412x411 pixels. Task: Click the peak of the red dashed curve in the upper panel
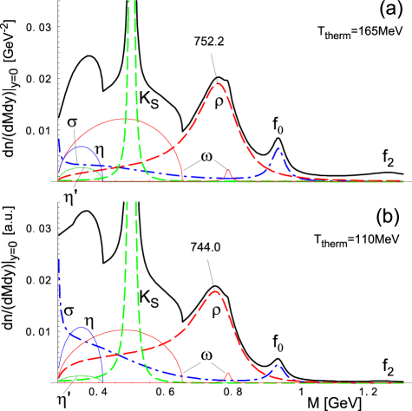pyautogui.click(x=219, y=83)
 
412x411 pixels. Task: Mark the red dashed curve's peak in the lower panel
pyautogui.click(x=216, y=291)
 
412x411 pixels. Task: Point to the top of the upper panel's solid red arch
pyautogui.click(x=124, y=119)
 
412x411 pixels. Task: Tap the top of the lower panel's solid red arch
pyautogui.click(x=124, y=329)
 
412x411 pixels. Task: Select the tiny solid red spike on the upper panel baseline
pyautogui.click(x=228, y=171)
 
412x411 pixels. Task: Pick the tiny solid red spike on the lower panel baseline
pyautogui.click(x=228, y=374)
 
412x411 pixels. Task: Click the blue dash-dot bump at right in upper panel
pyautogui.click(x=278, y=149)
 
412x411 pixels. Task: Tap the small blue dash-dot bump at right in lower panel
pyautogui.click(x=277, y=366)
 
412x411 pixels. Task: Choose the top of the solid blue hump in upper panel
pyautogui.click(x=82, y=147)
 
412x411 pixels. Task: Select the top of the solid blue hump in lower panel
pyautogui.click(x=82, y=327)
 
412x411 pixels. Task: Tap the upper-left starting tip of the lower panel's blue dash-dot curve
pyautogui.click(x=59, y=258)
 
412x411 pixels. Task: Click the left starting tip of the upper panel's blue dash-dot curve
pyautogui.click(x=59, y=139)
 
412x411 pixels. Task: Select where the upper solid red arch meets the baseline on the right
pyautogui.click(x=183, y=180)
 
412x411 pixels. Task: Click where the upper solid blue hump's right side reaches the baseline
pyautogui.click(x=103, y=180)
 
